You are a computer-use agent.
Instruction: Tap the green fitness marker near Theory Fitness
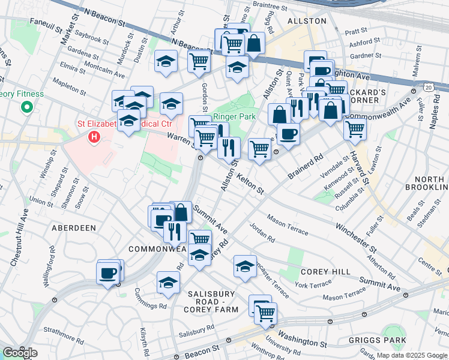pyautogui.click(x=26, y=108)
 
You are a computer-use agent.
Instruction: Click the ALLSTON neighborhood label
pyautogui.click(x=307, y=21)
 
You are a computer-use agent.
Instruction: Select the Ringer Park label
pyautogui.click(x=235, y=116)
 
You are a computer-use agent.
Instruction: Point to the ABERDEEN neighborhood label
pyautogui.click(x=74, y=228)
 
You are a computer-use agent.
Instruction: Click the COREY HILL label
pyautogui.click(x=326, y=272)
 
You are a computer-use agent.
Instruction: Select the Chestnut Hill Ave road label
pyautogui.click(x=19, y=237)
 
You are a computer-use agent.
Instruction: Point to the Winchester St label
pyautogui.click(x=357, y=237)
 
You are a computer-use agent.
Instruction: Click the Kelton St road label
pyautogui.click(x=250, y=183)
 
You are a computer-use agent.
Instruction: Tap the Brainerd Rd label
pyautogui.click(x=305, y=166)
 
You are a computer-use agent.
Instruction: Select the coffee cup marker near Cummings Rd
pyautogui.click(x=109, y=273)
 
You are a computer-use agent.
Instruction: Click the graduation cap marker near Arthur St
pyautogui.click(x=165, y=61)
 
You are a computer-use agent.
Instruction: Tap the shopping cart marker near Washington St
pyautogui.click(x=265, y=312)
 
